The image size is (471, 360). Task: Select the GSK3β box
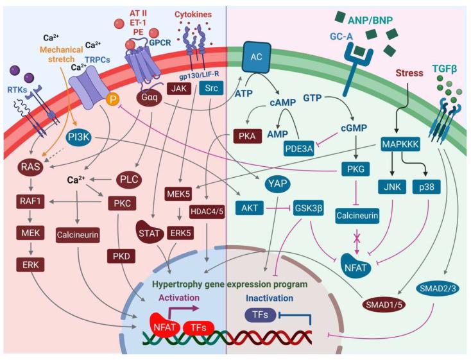click(x=309, y=209)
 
